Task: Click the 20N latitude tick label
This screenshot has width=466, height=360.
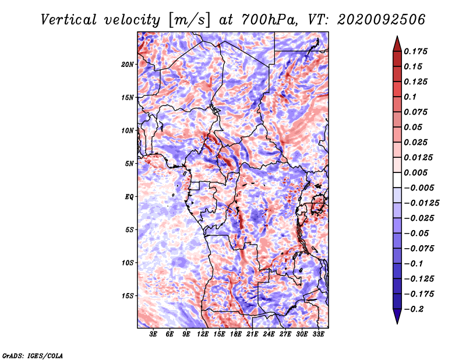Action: coord(128,64)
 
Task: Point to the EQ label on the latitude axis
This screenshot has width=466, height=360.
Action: coord(129,196)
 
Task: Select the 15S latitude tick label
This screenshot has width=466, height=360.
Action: coord(128,295)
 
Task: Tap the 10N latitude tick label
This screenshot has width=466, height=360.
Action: coord(128,130)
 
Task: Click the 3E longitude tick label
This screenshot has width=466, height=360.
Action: coord(154,335)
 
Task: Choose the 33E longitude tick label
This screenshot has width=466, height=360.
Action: coord(318,335)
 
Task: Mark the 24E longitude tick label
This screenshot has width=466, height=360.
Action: coord(269,335)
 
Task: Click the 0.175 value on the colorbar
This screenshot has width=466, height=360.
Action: coord(417,51)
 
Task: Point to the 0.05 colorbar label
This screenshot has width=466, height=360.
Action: coord(415,127)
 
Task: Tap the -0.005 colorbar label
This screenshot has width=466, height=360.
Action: coord(419,188)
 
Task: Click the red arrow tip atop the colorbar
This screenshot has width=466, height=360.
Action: coord(397,40)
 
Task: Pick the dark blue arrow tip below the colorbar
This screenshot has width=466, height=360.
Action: coord(397,318)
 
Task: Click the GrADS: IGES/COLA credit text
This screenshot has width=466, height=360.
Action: coord(32,355)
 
